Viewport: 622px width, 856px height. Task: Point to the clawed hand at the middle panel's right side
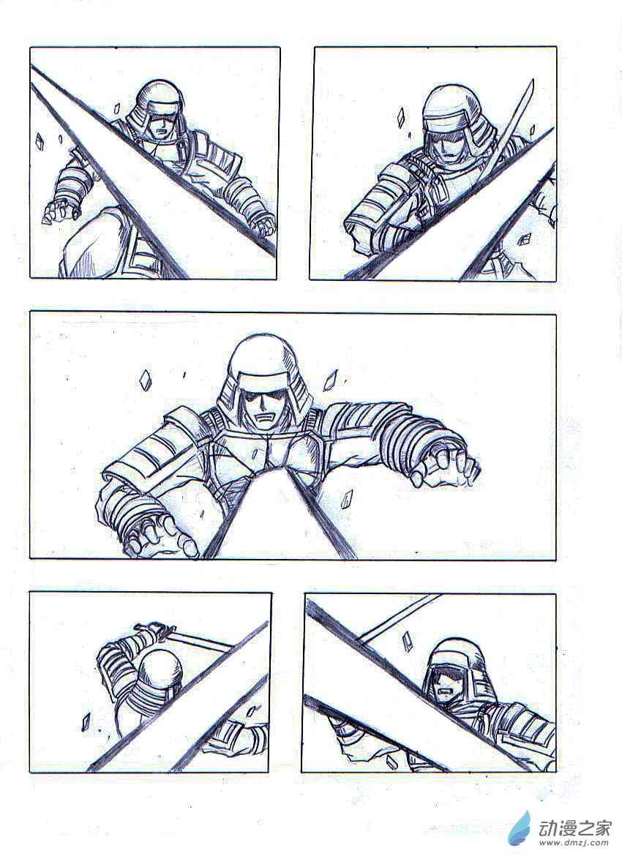coord(445,467)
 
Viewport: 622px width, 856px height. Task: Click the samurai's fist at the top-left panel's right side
coord(266,225)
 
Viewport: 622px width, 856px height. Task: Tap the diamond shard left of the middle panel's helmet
coord(145,380)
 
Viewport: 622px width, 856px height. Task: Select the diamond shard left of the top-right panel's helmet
coord(401,117)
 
